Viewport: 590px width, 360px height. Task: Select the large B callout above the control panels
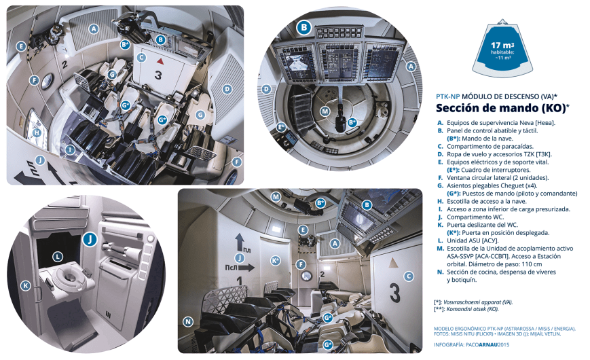[304, 28]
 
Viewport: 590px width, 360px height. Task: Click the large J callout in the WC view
[90, 239]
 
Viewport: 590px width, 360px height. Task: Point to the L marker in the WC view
[58, 257]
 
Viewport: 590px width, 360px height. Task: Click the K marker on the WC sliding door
[25, 286]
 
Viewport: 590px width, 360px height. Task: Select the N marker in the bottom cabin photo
[188, 321]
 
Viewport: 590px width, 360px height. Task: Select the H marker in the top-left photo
[37, 133]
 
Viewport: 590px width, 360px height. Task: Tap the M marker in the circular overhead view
[325, 111]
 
